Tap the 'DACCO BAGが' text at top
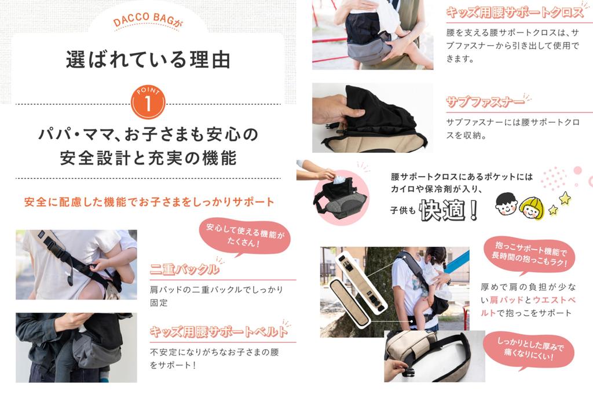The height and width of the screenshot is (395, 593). point(148,23)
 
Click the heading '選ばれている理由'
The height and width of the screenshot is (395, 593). point(148,60)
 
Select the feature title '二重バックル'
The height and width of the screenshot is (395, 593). point(184,269)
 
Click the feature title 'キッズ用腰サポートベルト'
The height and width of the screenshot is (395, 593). point(219,332)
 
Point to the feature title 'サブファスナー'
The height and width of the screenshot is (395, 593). point(485,103)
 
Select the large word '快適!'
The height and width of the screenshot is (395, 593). point(449,211)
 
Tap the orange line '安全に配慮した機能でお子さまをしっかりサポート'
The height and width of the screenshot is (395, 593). point(149,202)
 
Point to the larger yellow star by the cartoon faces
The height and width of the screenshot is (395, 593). point(565,198)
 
